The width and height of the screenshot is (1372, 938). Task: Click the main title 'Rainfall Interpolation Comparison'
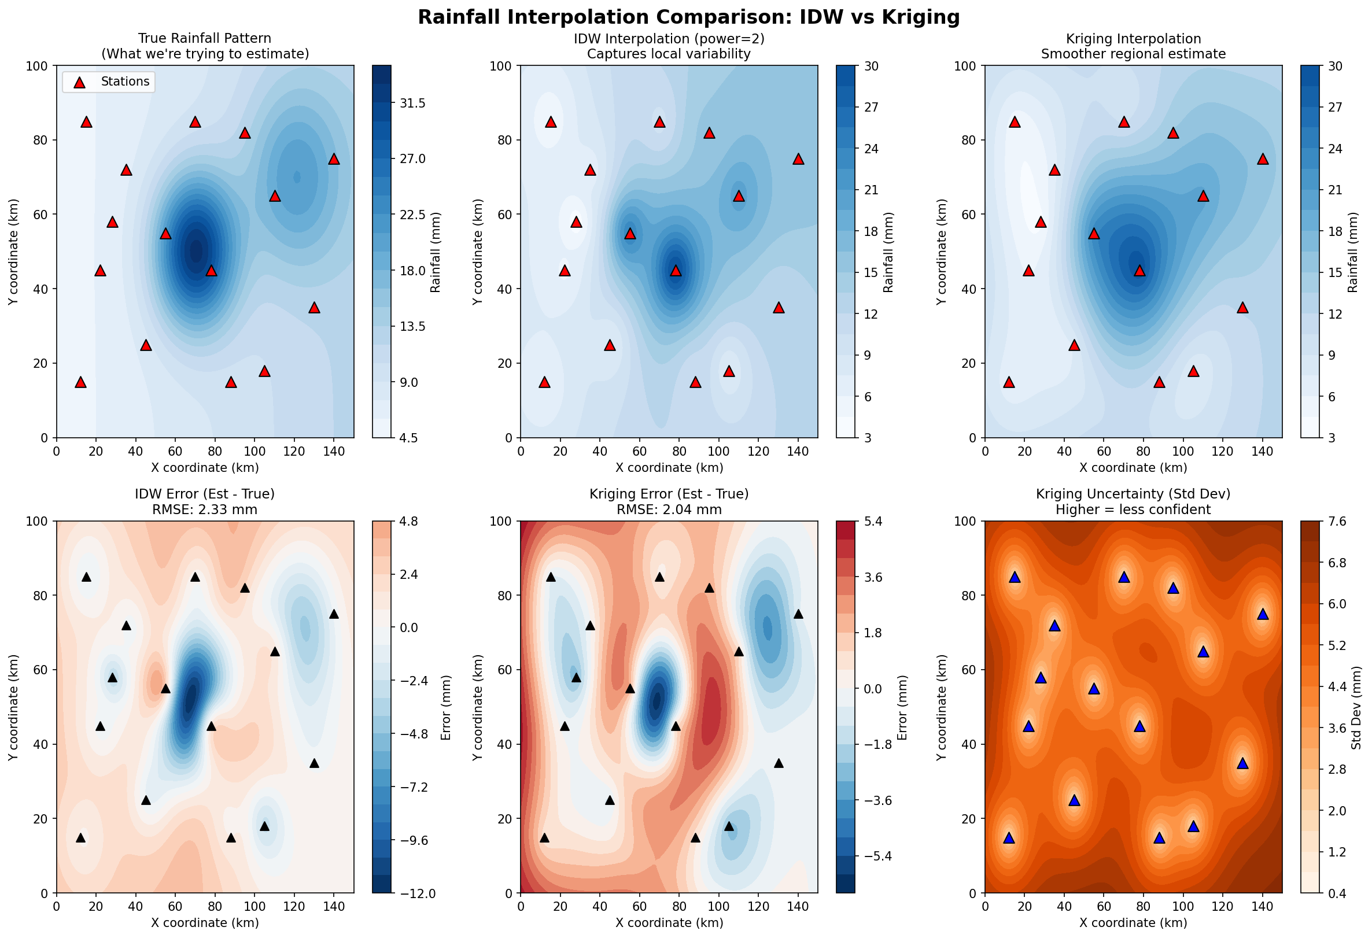(688, 17)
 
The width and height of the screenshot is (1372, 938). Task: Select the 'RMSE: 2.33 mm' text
(205, 509)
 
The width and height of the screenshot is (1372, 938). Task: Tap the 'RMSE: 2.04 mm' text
(669, 509)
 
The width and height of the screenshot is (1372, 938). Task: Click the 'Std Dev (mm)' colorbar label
(1356, 707)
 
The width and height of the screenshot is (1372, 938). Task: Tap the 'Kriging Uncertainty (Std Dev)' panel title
(1133, 494)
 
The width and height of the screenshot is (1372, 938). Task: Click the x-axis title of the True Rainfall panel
(205, 467)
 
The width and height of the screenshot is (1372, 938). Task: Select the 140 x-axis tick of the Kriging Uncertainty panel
(1262, 907)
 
